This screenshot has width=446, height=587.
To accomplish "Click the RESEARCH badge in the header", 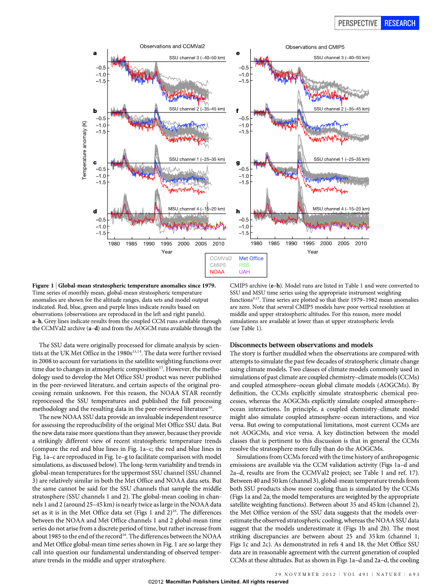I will click(x=400, y=23).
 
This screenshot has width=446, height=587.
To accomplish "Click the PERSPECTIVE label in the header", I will click(x=357, y=23).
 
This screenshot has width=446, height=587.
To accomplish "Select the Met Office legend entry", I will click(x=251, y=258).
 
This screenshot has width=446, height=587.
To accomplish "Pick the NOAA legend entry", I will click(x=217, y=272).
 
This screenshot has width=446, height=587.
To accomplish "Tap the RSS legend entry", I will click(x=244, y=265).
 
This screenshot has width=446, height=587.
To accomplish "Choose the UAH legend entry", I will click(x=244, y=272).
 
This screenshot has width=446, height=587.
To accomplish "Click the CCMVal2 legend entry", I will click(x=221, y=258).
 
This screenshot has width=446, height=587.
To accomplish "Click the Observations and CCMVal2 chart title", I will click(x=172, y=46).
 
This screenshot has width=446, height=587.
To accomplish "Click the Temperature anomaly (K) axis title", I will click(x=84, y=151).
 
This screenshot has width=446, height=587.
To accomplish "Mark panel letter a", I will click(x=95, y=53).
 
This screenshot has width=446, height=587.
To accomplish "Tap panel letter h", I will click(x=238, y=211).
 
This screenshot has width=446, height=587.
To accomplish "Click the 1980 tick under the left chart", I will click(x=114, y=244).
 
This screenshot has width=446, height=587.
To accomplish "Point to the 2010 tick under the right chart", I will click(x=361, y=244).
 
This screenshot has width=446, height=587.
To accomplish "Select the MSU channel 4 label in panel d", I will click(x=196, y=209).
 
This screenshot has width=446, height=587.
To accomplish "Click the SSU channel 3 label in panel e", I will click(x=341, y=57).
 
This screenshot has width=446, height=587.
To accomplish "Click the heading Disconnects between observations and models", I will click(x=301, y=345).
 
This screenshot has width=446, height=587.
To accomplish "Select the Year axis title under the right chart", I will click(x=312, y=252).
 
